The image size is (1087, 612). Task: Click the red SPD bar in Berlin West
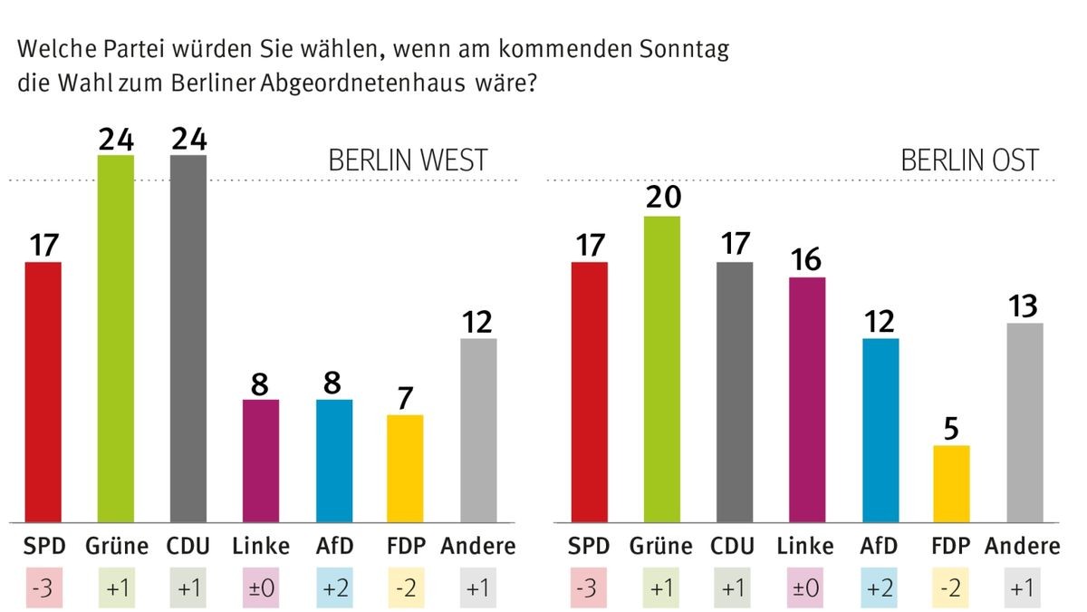pos(43,392)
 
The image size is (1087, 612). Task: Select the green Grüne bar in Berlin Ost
pos(661,369)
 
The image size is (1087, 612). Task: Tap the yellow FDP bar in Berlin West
pos(405,468)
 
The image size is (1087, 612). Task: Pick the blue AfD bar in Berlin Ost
pos(880,430)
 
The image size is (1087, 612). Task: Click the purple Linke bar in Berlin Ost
pos(806,399)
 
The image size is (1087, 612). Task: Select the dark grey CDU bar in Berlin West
pos(188,338)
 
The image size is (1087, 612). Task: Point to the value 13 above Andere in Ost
pos(1024,306)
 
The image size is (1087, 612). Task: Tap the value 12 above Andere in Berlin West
pos(478,322)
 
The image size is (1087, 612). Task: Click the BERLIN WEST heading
pos(407,160)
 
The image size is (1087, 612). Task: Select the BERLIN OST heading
pos(969,160)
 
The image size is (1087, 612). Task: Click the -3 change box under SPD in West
pos(42,588)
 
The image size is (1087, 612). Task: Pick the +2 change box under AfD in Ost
pos(880,588)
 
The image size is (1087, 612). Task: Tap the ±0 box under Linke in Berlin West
pos(260,588)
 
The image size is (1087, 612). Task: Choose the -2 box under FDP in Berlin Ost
pos(951,588)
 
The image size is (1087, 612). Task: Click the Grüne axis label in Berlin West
pos(116,546)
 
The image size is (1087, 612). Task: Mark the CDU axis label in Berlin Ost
pos(734,546)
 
